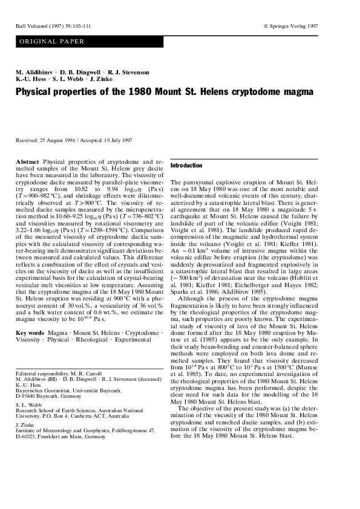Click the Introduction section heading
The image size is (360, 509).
(x=186, y=166)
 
